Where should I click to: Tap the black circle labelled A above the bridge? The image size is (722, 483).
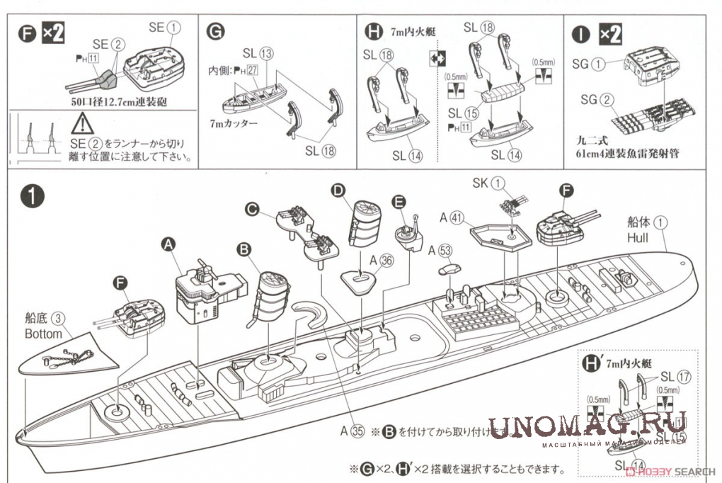(x=168, y=244)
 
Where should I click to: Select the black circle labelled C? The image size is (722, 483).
(x=251, y=208)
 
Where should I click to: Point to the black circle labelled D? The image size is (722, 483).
(x=338, y=190)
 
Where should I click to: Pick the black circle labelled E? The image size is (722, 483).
(x=399, y=202)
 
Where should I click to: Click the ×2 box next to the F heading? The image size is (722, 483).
(x=54, y=33)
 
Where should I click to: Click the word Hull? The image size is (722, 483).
(x=637, y=238)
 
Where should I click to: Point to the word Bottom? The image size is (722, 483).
(x=42, y=333)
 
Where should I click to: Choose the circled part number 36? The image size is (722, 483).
(x=385, y=259)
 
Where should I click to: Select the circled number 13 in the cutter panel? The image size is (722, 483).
(x=265, y=53)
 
